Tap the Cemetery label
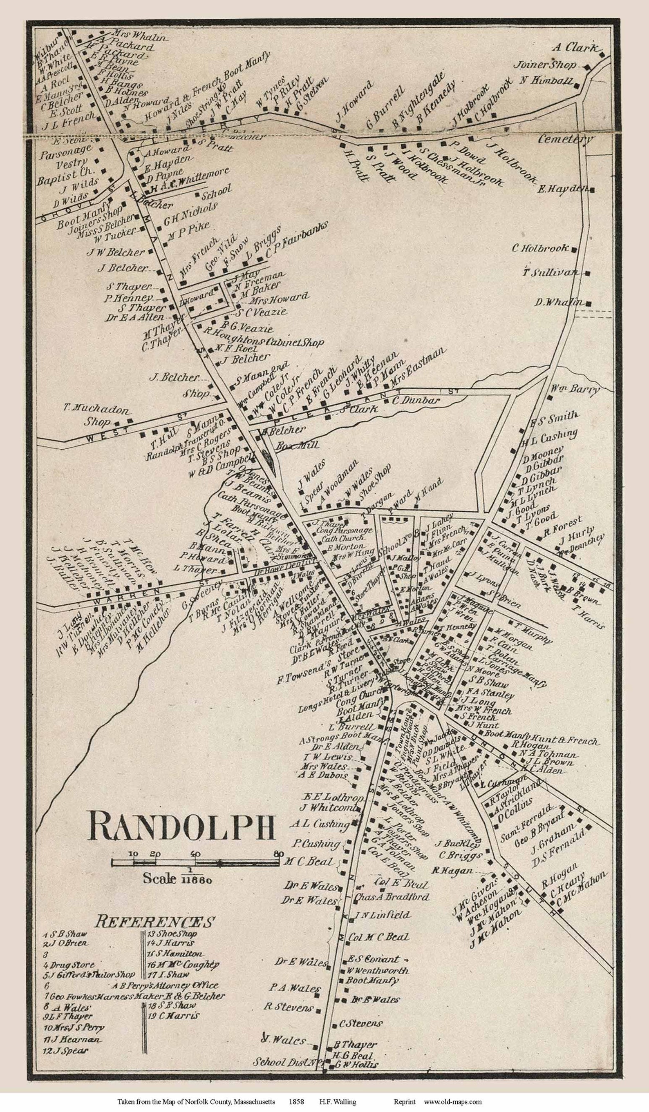click(565, 139)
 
